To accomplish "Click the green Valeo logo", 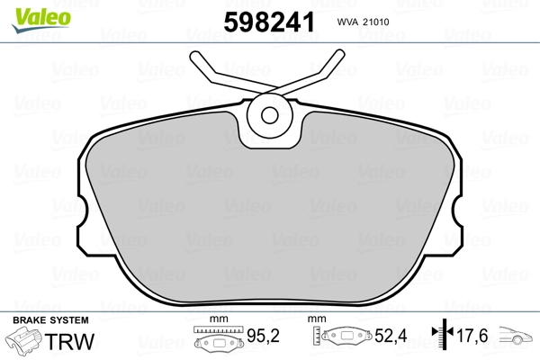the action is pos(41,20).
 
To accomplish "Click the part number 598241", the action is pos(269,22).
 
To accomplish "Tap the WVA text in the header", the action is pos(347,22).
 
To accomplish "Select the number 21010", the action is pos(376,22).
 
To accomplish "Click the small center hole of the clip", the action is pos(270,115).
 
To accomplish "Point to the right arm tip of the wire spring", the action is pos(339,54).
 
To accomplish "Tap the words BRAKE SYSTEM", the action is pos(50,320).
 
